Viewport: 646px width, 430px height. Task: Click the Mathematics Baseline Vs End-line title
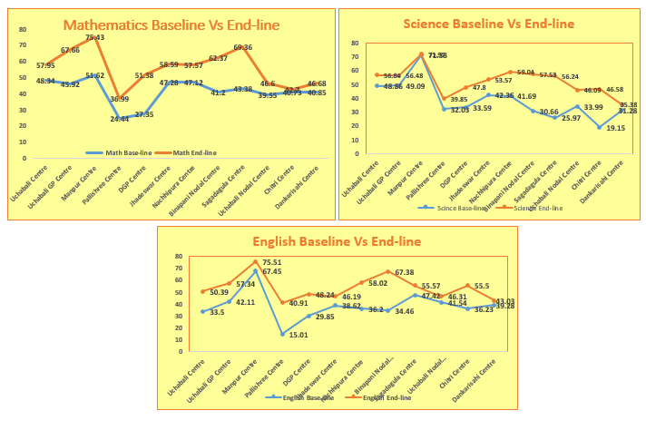tap(171, 25)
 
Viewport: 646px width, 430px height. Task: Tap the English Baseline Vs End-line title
tap(337, 240)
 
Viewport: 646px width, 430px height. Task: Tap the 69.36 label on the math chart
tap(242, 47)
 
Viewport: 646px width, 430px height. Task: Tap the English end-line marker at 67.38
tap(387, 271)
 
